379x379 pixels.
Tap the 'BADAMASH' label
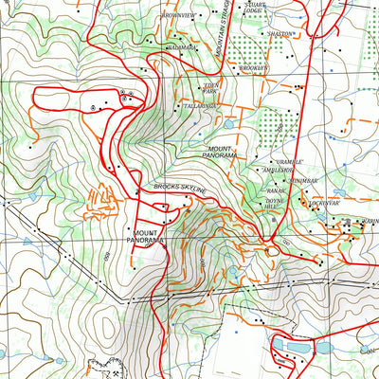182,47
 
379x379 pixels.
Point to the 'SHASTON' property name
280,33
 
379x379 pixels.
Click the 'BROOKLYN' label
255,68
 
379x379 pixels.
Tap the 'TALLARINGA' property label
200,107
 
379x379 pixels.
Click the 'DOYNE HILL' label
275,204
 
